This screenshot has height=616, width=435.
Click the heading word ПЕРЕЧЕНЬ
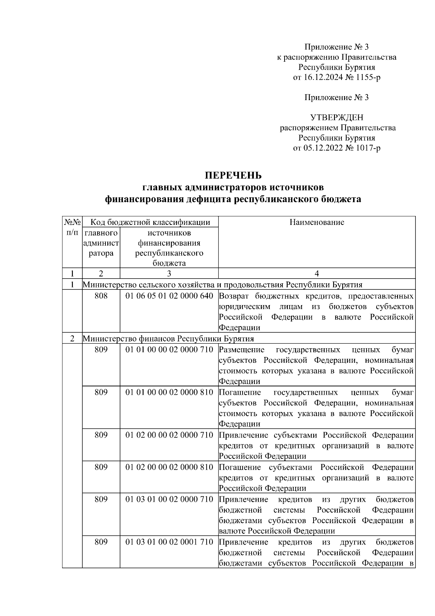coord(233,176)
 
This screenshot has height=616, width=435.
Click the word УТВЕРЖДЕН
coord(336,118)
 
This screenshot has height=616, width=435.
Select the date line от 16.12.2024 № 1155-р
coord(336,77)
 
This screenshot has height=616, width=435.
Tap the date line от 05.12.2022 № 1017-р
coord(336,148)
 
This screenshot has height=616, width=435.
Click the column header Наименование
coord(316,222)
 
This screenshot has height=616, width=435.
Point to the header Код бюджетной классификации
coord(150,222)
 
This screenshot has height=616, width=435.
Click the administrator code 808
coord(101,296)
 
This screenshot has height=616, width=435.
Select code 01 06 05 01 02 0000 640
coord(169,296)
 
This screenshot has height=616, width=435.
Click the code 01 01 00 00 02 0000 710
coord(169,350)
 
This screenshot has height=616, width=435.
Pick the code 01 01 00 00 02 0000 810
coord(169,393)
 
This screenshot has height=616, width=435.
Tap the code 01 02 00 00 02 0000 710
coord(169,435)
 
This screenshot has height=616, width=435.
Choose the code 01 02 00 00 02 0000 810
coord(169,467)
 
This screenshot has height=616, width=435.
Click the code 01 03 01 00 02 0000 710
coord(169,500)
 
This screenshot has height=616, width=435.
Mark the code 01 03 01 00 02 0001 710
coord(169,542)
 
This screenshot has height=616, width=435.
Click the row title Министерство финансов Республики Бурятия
coord(168,339)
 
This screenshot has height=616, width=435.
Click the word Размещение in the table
coord(242,350)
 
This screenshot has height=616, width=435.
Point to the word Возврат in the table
coord(233,296)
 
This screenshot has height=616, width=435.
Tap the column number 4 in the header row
coord(316,274)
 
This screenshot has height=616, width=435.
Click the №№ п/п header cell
coord(72,227)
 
